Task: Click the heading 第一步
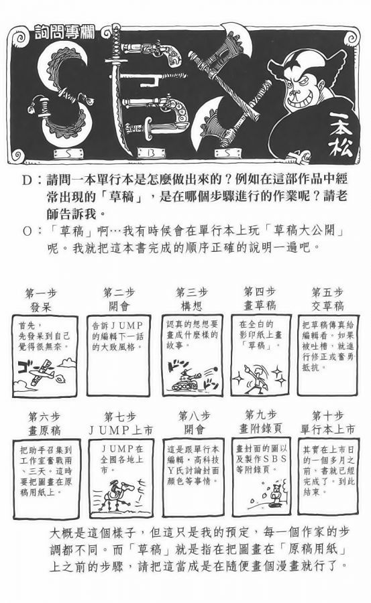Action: (41, 293)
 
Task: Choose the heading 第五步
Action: (327, 292)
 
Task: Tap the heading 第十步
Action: (327, 415)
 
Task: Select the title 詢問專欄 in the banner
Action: (64, 32)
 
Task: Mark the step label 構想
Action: (191, 306)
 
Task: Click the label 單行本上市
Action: (327, 429)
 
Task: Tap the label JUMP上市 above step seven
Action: (121, 430)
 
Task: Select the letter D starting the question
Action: (27, 180)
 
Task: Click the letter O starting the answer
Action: (27, 232)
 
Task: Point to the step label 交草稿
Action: (327, 306)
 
